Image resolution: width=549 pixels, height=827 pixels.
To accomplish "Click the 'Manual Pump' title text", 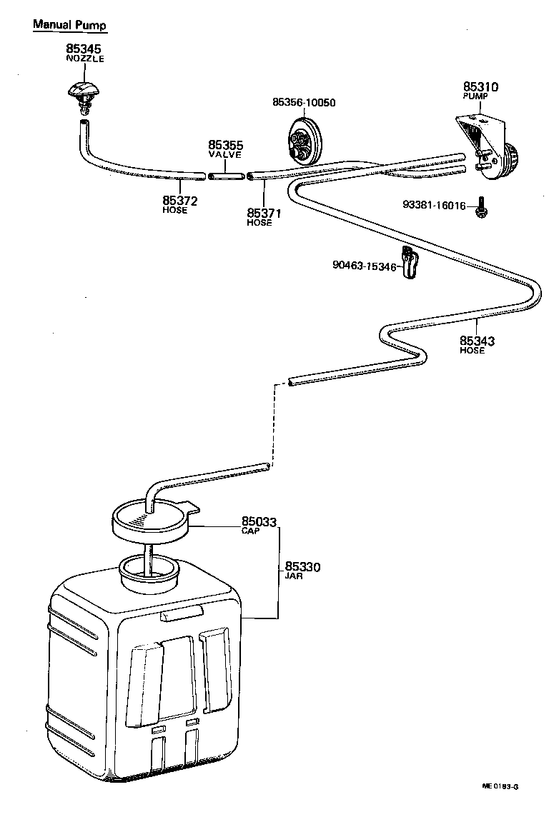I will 69,26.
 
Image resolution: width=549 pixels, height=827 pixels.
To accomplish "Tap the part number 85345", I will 84,49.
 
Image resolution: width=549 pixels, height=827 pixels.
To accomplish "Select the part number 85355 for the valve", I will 225,144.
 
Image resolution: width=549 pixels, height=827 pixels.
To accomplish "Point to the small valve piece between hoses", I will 226,174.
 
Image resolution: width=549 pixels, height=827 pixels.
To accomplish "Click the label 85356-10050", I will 304,102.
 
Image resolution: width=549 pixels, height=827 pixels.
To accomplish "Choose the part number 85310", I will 480,87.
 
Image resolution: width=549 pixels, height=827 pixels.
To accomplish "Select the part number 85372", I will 179,201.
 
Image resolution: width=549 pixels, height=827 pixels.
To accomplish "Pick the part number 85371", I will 263,213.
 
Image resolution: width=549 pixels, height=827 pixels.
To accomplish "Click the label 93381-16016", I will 434,206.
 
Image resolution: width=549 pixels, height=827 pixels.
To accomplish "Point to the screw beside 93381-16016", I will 480,208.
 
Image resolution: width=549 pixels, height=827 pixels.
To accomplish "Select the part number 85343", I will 477,341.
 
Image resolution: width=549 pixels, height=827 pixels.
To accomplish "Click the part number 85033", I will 258,522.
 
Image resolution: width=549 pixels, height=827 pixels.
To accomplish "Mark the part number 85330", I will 302,567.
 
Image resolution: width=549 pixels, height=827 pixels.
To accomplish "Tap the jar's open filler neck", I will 149,571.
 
